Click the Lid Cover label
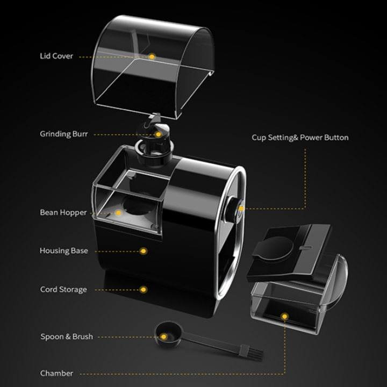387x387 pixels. (56, 56)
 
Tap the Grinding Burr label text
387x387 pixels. (63, 134)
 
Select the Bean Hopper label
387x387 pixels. (63, 212)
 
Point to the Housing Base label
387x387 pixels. (63, 250)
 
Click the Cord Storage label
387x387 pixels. (63, 289)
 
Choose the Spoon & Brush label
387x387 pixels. (67, 336)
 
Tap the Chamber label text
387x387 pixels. (56, 373)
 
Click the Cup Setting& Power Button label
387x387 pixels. (300, 138)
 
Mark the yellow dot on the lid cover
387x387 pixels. (152, 56)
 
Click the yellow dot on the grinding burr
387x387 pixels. (159, 134)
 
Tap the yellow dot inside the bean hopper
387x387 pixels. (119, 212)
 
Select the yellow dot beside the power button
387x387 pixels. (241, 208)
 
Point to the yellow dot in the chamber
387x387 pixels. (285, 317)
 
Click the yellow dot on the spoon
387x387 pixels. (165, 337)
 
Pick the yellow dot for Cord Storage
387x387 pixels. (144, 289)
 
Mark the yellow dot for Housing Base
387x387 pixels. (144, 251)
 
